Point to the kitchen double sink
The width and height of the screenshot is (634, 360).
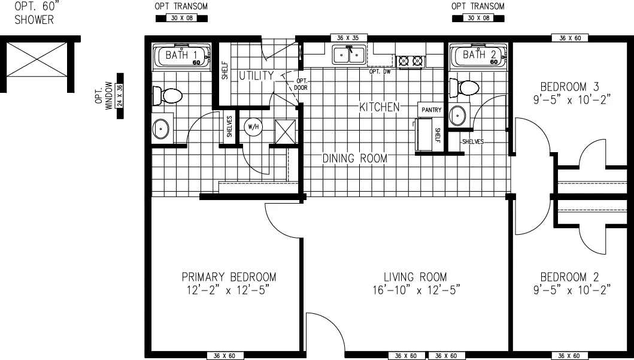tap(348, 55)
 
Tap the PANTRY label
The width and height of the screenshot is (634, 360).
tap(432, 110)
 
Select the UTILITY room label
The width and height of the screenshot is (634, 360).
tap(256, 76)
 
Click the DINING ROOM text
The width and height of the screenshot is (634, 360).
tap(354, 159)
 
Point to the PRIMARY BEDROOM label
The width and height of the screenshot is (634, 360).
tap(229, 277)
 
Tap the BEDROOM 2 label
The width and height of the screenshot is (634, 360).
tap(569, 277)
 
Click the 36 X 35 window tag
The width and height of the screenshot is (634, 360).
tap(348, 38)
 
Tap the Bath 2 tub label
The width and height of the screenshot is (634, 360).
tap(477, 55)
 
